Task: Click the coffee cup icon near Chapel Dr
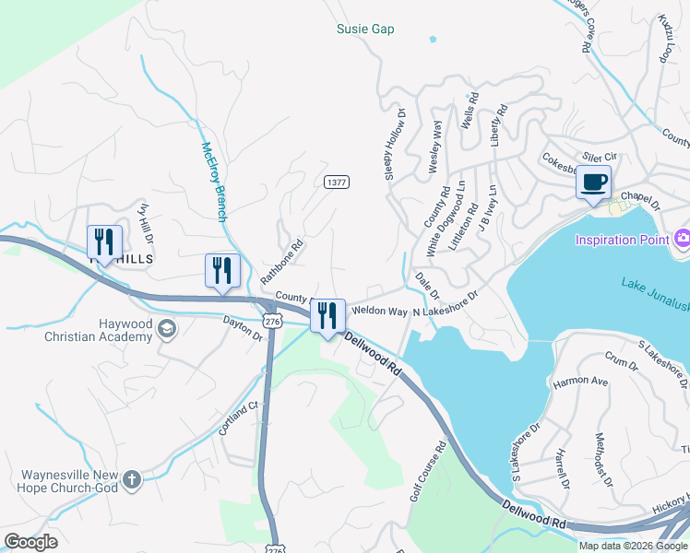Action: (593, 181)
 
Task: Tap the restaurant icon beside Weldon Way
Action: (327, 316)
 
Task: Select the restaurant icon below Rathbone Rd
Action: (221, 270)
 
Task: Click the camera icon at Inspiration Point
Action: (683, 238)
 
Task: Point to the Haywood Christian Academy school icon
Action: (167, 329)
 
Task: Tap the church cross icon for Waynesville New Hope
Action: (132, 479)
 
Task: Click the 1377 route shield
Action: (337, 182)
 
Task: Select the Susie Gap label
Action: (364, 29)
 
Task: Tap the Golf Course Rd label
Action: (428, 471)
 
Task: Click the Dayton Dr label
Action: (243, 328)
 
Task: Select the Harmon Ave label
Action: (579, 381)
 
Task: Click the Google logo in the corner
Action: (30, 542)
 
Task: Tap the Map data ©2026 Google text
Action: (633, 546)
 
